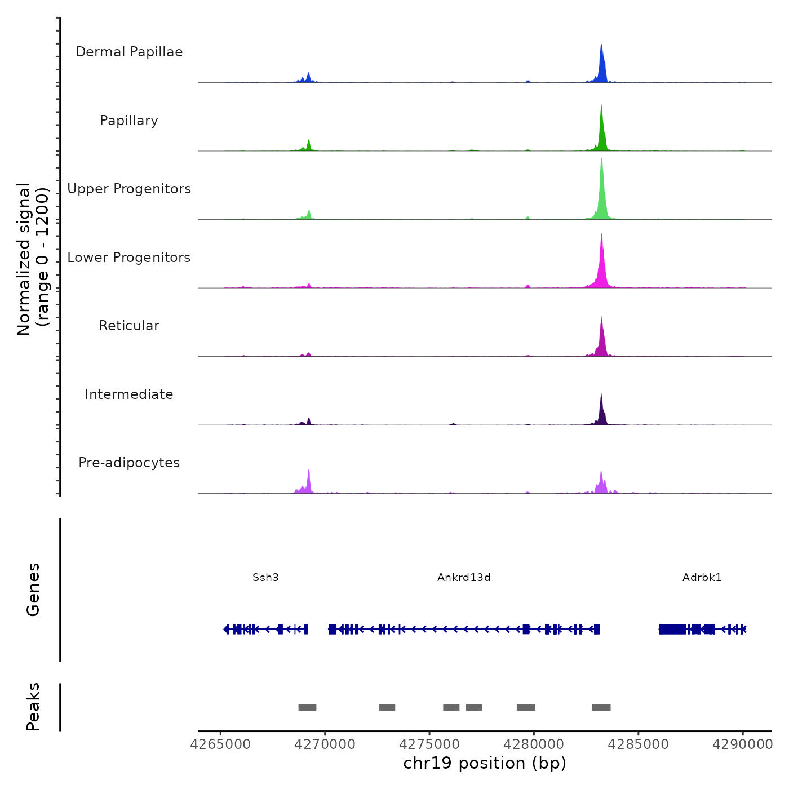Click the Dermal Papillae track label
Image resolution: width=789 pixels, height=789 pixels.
[x=129, y=52]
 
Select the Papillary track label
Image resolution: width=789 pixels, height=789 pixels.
[x=129, y=121]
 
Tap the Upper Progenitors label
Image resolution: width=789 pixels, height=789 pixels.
[x=129, y=189]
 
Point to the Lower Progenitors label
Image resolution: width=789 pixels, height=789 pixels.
[x=129, y=258]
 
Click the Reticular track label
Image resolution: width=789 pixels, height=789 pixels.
[x=129, y=326]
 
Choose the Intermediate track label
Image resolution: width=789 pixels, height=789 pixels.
[x=129, y=394]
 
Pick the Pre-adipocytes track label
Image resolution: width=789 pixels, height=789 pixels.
[x=129, y=463]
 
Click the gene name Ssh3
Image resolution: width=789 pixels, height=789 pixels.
[x=265, y=578]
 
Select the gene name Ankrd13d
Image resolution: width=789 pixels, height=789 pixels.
[x=464, y=578]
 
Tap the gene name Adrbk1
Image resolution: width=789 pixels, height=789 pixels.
[x=702, y=578]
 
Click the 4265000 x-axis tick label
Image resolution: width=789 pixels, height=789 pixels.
[x=220, y=744]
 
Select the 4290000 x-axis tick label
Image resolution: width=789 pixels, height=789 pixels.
[x=742, y=744]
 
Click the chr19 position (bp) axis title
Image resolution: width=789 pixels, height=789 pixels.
[x=485, y=764]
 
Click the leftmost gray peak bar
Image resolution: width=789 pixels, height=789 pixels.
[x=307, y=707]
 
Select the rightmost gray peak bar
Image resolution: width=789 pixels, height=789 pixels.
[x=601, y=707]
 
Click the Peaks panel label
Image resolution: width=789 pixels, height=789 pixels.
[x=33, y=707]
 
